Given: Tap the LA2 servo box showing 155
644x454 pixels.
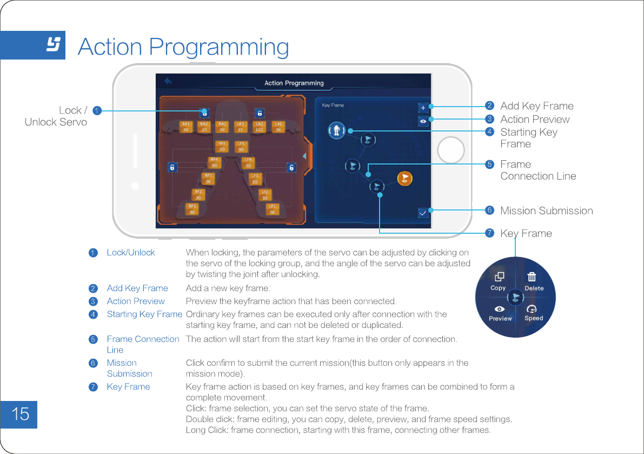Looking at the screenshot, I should tap(259, 127).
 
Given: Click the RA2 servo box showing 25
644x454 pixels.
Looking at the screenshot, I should tap(204, 127).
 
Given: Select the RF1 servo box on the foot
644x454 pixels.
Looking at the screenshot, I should tap(192, 209).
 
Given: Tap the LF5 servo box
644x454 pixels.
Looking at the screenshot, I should tap(241, 146).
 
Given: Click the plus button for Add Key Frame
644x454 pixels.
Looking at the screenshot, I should tap(423, 108).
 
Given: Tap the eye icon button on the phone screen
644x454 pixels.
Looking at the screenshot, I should tap(423, 121).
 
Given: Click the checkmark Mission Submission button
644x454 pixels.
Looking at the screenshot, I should tap(423, 213).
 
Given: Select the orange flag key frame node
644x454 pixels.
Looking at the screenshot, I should tap(404, 178).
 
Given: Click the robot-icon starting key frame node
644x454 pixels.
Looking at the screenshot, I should tap(336, 130).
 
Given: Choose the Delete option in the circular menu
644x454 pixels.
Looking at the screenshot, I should tap(533, 281).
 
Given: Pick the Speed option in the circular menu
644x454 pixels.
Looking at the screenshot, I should tap(533, 313).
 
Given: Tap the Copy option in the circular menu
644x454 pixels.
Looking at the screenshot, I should tap(499, 281).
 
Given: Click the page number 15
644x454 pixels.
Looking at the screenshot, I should tap(19, 414).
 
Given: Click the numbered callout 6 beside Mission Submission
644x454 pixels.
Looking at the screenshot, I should tap(489, 210).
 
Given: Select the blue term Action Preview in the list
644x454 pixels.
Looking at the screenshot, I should tap(136, 301).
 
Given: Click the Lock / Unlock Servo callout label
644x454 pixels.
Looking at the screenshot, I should tap(56, 116).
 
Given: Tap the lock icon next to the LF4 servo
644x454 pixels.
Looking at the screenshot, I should tap(291, 168).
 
